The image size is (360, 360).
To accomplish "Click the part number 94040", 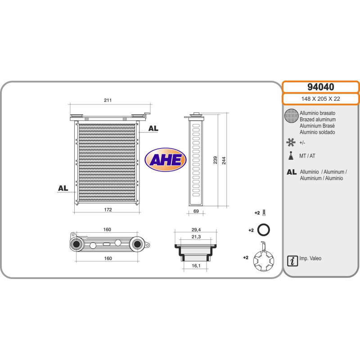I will [320, 87].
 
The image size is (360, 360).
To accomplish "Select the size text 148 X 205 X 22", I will [320, 99].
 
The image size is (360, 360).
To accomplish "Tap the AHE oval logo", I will [166, 159].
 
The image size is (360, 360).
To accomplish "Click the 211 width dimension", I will [108, 100].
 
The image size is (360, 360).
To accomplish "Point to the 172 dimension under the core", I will [108, 210].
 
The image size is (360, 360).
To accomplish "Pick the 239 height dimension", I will [216, 160].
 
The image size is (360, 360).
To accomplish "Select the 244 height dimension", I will [224, 160].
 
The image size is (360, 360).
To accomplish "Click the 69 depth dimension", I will [197, 210].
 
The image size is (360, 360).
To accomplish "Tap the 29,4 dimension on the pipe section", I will [196, 229].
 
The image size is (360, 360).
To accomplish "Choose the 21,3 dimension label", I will [196, 237].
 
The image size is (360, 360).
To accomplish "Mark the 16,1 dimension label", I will [196, 266].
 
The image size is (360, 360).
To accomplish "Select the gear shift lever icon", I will [291, 156].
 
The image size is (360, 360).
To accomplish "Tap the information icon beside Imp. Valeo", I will [292, 260].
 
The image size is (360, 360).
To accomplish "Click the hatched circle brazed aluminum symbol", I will [292, 117].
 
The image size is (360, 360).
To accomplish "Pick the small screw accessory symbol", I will [264, 212].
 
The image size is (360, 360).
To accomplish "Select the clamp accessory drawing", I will [263, 258].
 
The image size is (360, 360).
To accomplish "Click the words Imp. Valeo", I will [310, 259].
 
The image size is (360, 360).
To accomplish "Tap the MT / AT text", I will [307, 156].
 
